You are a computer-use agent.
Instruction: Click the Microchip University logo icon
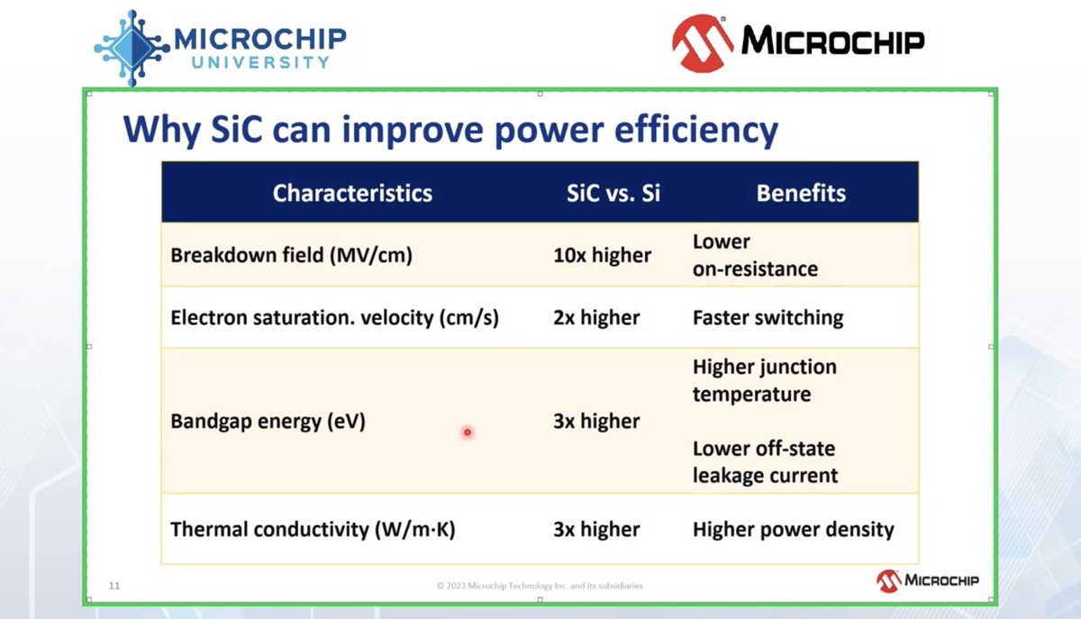[132, 48]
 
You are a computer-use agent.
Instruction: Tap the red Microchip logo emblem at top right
[702, 43]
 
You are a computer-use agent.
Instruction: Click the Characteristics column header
[352, 193]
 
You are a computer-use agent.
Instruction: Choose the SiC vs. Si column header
[613, 193]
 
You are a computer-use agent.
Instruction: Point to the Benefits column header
[801, 193]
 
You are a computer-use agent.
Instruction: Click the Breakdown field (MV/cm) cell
[292, 255]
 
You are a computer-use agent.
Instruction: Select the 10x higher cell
[603, 255]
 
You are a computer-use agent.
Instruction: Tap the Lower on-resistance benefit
[755, 255]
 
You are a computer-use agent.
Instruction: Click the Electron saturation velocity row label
[334, 318]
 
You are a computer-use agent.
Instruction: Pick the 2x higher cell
[596, 318]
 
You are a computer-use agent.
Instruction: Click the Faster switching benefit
[768, 318]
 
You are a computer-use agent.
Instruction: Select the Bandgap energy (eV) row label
[268, 421]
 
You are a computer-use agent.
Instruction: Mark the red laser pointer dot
[468, 432]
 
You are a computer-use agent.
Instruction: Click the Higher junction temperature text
[765, 380]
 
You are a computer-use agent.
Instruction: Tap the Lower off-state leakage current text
[765, 462]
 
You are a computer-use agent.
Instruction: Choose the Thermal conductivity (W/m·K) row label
[313, 529]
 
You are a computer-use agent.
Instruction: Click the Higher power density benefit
[794, 529]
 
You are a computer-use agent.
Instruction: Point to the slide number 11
[114, 586]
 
